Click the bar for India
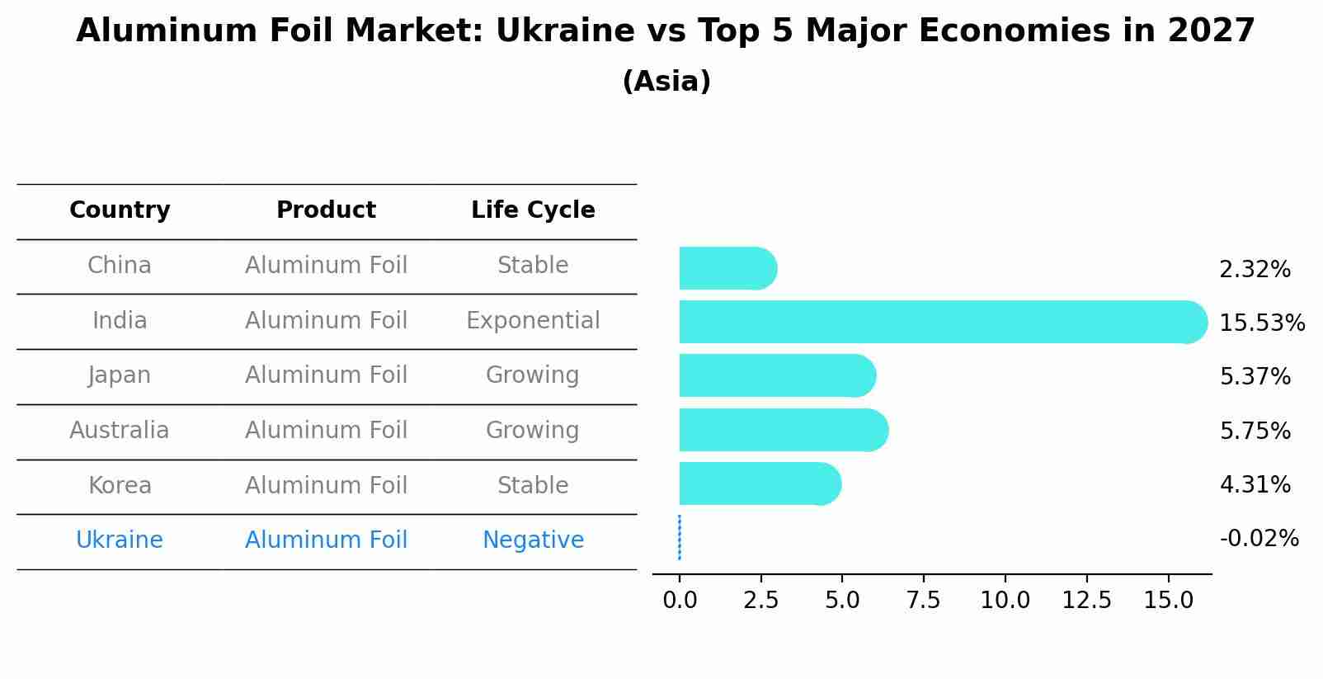coord(940,322)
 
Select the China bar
coord(726,268)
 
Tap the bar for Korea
coord(759,483)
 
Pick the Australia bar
coord(782,430)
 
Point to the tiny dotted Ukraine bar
coord(679,538)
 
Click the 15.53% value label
coord(1261,323)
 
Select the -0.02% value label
coord(1259,539)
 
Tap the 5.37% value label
coord(1255,377)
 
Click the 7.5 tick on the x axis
coord(923,601)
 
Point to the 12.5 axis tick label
coord(1086,601)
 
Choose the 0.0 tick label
coord(680,601)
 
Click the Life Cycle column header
coord(533,210)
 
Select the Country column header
coord(120,210)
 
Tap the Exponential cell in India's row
coord(533,321)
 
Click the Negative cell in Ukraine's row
coord(533,540)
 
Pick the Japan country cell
coord(120,375)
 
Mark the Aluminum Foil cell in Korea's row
coord(326,486)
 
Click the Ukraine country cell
coord(120,540)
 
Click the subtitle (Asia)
coord(666,82)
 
